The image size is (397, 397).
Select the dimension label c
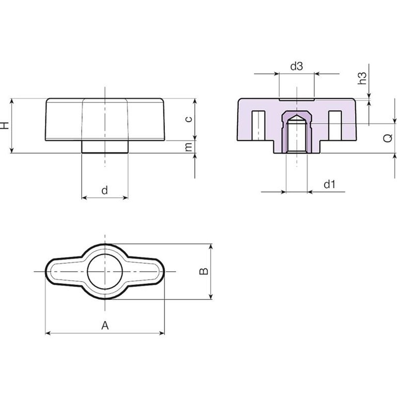click(189, 119)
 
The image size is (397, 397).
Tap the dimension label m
click(189, 147)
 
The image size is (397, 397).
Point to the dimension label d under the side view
click(104, 190)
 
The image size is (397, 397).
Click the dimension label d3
click(297, 66)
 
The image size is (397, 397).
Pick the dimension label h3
click(362, 78)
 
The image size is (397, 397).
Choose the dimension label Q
click(388, 138)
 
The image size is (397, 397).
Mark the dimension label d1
click(329, 185)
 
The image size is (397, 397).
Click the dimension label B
click(204, 271)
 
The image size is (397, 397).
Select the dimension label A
click(105, 325)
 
